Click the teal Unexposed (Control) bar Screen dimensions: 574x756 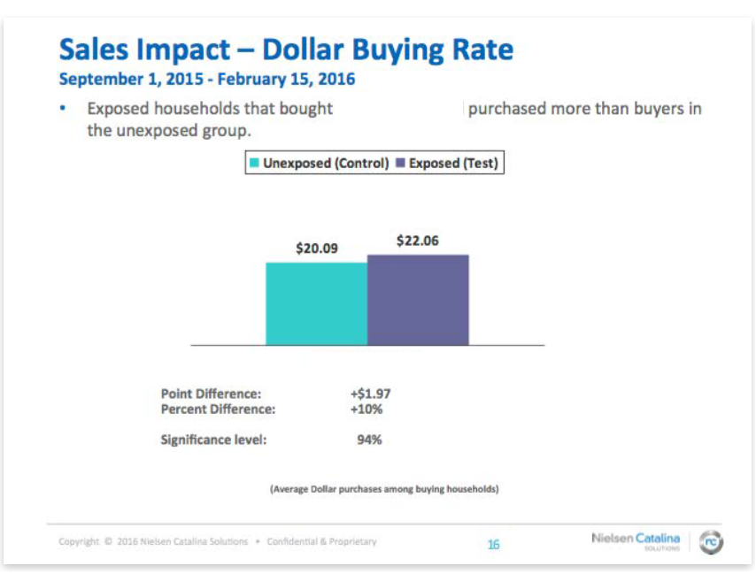(317, 303)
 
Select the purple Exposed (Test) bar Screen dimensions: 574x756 (418, 300)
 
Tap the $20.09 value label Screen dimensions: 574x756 (317, 249)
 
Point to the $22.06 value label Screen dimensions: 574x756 (418, 241)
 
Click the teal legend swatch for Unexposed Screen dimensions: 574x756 (255, 164)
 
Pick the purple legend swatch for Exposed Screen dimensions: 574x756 (400, 164)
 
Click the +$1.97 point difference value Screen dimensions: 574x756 (370, 394)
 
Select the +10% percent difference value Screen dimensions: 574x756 (366, 409)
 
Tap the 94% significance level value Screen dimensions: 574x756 (369, 439)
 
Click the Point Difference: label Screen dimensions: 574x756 (211, 394)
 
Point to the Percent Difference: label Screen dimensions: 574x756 (218, 409)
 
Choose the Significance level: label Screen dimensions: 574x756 (213, 439)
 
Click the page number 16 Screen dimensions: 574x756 (494, 544)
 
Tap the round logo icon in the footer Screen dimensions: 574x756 (710, 542)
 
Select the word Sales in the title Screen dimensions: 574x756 (99, 49)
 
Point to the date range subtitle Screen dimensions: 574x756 (206, 79)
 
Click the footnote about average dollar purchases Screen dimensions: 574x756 (384, 488)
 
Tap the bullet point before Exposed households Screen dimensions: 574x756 (63, 109)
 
